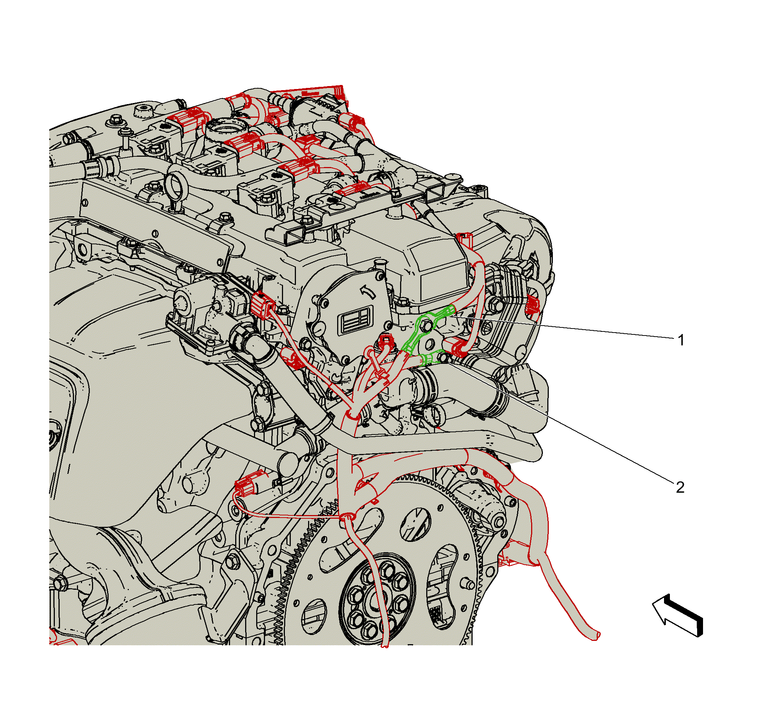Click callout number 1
click(681, 340)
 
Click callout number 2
click(680, 487)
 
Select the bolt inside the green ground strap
click(427, 325)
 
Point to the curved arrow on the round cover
click(367, 290)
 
